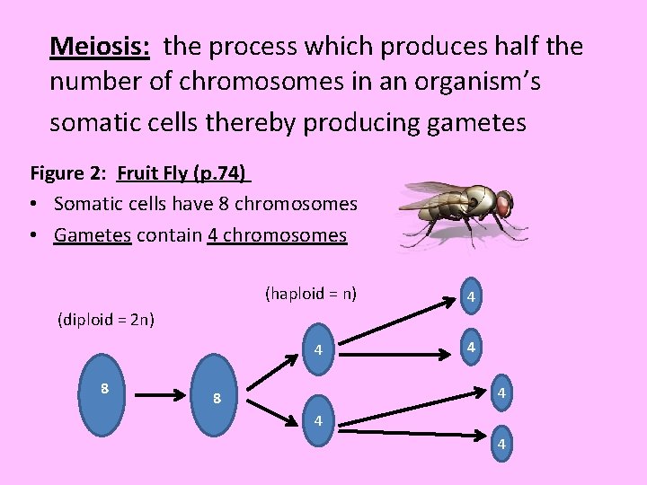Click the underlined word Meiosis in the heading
click(x=99, y=45)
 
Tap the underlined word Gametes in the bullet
click(x=93, y=235)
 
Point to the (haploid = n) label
click(x=311, y=294)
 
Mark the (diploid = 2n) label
click(x=106, y=319)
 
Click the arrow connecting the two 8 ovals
click(x=163, y=393)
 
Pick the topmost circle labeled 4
click(x=470, y=296)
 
